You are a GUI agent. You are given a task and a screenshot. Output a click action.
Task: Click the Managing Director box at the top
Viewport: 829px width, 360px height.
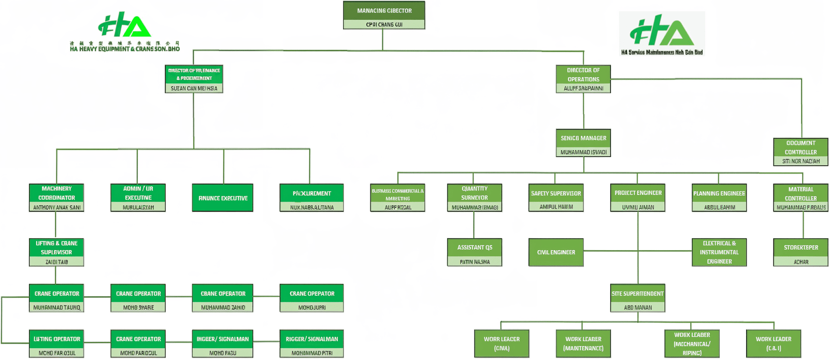(x=384, y=15)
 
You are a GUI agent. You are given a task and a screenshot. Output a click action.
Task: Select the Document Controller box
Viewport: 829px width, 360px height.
(x=801, y=152)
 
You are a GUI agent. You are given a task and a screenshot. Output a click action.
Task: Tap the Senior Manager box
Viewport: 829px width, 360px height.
(x=583, y=142)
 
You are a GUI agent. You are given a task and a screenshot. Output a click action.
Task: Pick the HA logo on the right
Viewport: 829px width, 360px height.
(x=662, y=33)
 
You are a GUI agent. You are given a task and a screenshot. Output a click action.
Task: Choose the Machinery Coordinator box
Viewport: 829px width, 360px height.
(x=56, y=197)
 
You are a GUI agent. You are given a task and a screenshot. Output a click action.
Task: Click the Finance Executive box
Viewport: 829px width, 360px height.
(x=223, y=198)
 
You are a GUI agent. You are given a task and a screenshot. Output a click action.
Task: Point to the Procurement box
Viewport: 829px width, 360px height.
(x=311, y=197)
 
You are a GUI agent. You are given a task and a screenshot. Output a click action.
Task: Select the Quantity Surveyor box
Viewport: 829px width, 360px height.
(x=474, y=197)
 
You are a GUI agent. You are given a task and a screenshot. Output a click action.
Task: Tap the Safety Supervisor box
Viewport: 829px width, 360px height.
(x=556, y=197)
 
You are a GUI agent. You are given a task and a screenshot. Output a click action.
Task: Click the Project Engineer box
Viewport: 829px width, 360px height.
(x=638, y=197)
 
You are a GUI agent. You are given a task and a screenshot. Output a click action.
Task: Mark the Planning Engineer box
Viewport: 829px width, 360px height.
(x=719, y=197)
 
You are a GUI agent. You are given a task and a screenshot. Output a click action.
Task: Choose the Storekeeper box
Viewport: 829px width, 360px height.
(x=801, y=252)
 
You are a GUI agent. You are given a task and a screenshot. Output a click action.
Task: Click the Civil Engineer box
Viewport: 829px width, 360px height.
(x=556, y=252)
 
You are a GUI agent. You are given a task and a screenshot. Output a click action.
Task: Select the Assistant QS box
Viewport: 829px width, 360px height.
(x=474, y=252)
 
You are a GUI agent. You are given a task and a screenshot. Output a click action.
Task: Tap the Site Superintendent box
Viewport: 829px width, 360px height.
(x=637, y=298)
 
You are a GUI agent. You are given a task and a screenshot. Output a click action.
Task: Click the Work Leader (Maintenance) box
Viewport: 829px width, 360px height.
(x=583, y=343)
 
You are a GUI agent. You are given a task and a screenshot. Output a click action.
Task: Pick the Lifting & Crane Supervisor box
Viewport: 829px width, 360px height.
(x=56, y=252)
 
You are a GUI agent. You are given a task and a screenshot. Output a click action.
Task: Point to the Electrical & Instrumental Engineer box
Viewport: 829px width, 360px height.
(x=719, y=252)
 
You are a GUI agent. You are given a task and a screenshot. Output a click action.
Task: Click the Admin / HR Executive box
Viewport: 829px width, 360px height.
(x=138, y=197)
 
